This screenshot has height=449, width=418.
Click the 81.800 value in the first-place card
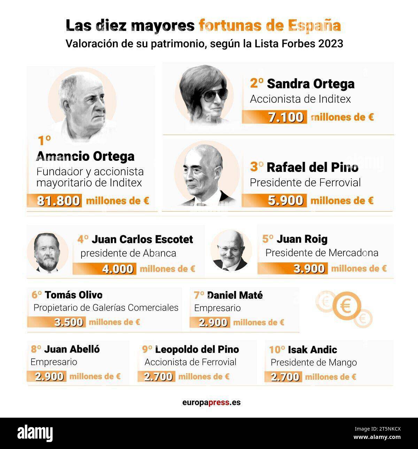[59, 201]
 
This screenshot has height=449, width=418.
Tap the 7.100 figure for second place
[286, 117]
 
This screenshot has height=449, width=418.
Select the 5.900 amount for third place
[285, 200]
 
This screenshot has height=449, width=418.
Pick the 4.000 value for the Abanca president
[118, 269]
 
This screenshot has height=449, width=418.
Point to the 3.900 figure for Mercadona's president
[309, 268]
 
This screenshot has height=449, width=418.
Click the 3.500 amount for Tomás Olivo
[69, 322]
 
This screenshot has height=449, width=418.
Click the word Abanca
[160, 253]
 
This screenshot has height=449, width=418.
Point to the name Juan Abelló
[72, 349]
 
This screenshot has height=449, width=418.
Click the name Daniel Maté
[235, 295]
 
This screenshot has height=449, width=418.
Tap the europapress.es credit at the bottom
[211, 403]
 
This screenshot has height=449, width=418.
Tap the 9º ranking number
[147, 349]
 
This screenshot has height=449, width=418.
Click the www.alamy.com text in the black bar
[377, 438]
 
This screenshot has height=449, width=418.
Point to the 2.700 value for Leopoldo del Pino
[158, 377]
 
